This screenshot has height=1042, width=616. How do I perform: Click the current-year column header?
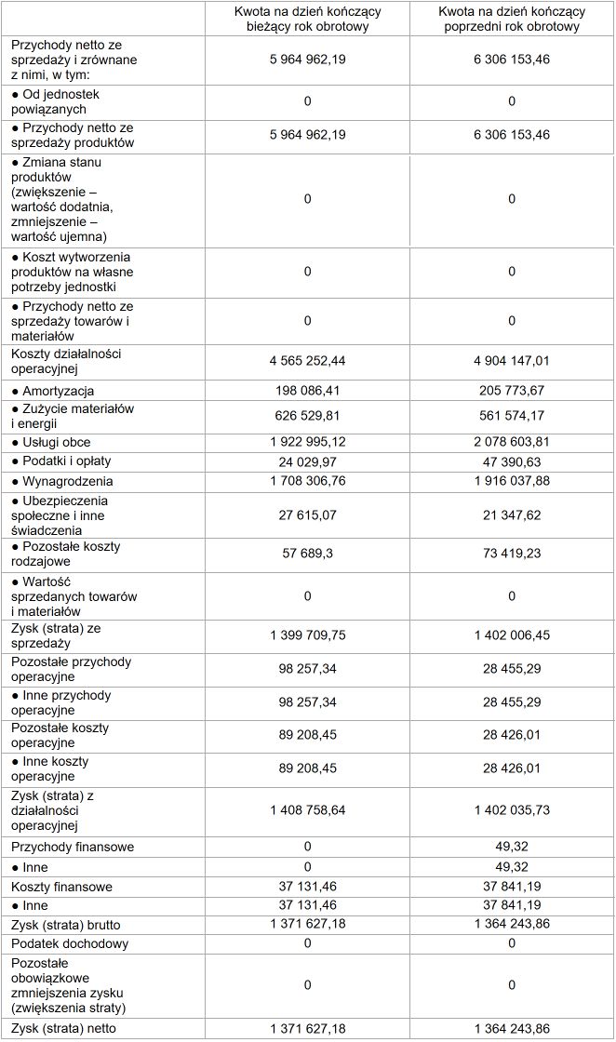pyautogui.click(x=307, y=20)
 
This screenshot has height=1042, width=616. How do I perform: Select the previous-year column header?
pyautogui.click(x=512, y=20)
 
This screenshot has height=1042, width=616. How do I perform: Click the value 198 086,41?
pyautogui.click(x=307, y=391)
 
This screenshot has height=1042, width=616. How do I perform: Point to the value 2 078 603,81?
pyautogui.click(x=512, y=442)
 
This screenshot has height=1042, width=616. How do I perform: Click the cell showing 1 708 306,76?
pyautogui.click(x=307, y=481)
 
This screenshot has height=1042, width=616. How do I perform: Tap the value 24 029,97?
pyautogui.click(x=307, y=461)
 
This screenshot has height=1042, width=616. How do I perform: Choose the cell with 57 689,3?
pyautogui.click(x=307, y=554)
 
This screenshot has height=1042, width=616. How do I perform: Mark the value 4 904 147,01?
pyautogui.click(x=512, y=360)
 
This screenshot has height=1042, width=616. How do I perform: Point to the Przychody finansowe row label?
pyautogui.click(x=73, y=847)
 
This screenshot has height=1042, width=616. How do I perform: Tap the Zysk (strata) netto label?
pyautogui.click(x=64, y=1028)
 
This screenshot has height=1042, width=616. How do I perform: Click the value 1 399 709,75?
pyautogui.click(x=307, y=635)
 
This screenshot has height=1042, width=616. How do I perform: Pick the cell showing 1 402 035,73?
pyautogui.click(x=512, y=810)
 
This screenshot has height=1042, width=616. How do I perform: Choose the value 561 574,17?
pyautogui.click(x=512, y=416)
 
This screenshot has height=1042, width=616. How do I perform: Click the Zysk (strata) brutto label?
pyautogui.click(x=66, y=925)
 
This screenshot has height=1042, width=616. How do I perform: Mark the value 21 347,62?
pyautogui.click(x=512, y=508)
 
